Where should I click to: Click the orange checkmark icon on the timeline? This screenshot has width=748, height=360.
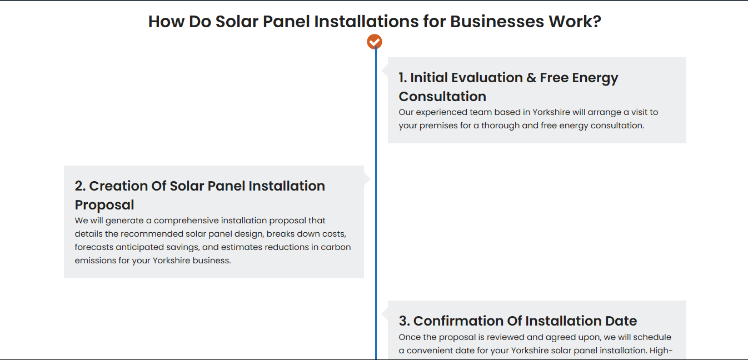pyautogui.click(x=375, y=42)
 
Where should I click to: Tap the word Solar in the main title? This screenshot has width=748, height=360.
pyautogui.click(x=237, y=21)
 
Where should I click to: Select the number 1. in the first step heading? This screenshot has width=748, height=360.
pyautogui.click(x=402, y=77)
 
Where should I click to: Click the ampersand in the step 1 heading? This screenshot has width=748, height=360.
pyautogui.click(x=531, y=77)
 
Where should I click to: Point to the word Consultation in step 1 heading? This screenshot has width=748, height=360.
pyautogui.click(x=442, y=97)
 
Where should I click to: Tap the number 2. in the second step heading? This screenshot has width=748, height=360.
pyautogui.click(x=80, y=186)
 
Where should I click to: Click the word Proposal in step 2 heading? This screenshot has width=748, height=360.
pyautogui.click(x=104, y=205)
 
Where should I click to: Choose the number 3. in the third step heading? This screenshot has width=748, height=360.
pyautogui.click(x=404, y=321)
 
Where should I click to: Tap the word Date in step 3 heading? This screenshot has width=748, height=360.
pyautogui.click(x=621, y=321)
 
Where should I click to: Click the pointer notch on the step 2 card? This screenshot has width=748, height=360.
pyautogui.click(x=367, y=179)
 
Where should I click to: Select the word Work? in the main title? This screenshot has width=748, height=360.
pyautogui.click(x=575, y=21)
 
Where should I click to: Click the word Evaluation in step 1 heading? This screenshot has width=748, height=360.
pyautogui.click(x=466, y=77)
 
